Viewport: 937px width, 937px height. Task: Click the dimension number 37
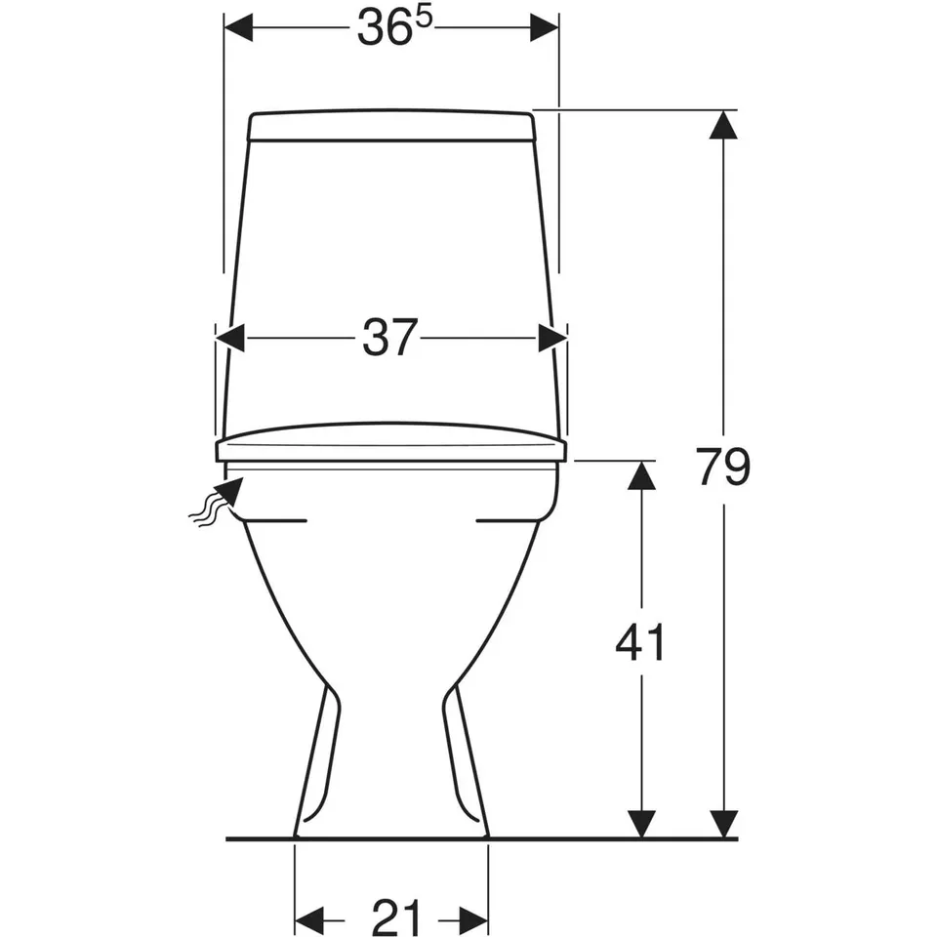[389, 339]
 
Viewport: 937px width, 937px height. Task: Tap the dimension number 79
[722, 467]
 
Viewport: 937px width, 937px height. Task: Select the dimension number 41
[640, 642]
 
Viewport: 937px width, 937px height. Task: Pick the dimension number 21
[397, 917]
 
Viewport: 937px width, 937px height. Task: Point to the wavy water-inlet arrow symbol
[217, 504]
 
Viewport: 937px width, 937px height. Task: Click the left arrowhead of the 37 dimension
[230, 339]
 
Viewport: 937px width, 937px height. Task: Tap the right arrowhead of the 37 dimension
[552, 339]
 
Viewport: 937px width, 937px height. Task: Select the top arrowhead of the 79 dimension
[723, 125]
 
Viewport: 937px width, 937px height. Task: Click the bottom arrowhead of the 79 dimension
[723, 824]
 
